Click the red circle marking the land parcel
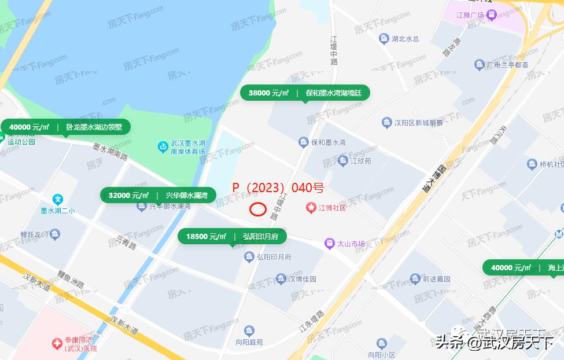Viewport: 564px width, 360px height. [x=257, y=209]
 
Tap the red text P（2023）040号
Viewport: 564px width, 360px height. [x=278, y=188]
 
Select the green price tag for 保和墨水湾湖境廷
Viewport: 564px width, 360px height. [x=304, y=93]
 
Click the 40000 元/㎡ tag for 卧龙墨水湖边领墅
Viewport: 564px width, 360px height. [x=65, y=127]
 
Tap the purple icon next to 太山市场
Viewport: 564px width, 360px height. [x=329, y=244]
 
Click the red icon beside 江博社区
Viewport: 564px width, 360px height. [x=311, y=207]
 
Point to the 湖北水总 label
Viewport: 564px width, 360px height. [x=405, y=39]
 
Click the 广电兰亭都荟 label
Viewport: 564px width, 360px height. [x=507, y=65]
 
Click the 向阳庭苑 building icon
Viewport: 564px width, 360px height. [x=249, y=331]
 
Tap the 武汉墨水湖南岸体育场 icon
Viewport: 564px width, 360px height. [x=164, y=147]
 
